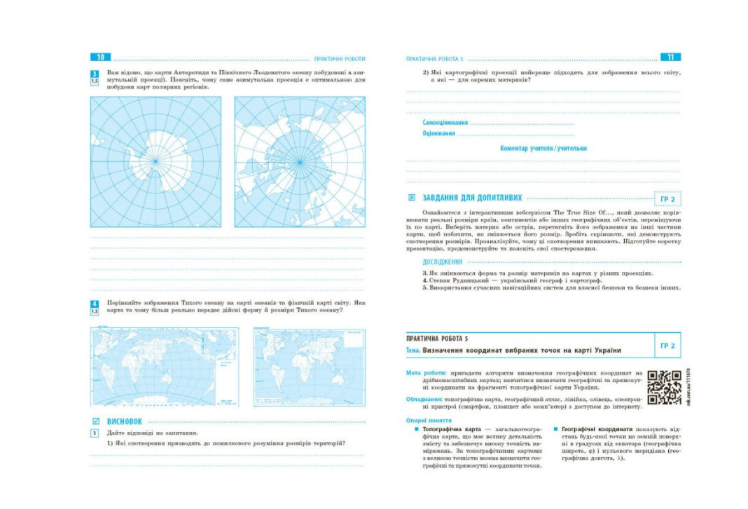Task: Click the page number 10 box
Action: [100, 57]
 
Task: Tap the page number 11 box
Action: [670, 57]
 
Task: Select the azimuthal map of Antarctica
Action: [155, 161]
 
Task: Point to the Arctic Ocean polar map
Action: [300, 161]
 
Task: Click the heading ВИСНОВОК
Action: [125, 421]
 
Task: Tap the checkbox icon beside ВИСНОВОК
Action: [96, 421]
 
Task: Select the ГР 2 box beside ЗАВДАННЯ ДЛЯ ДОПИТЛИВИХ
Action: [667, 199]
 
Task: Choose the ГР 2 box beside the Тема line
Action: [667, 346]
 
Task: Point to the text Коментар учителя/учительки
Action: [543, 148]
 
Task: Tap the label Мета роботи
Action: [423, 372]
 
